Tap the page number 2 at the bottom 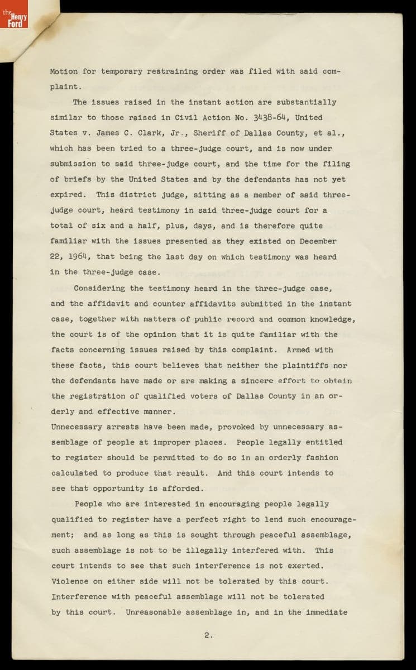click(208, 634)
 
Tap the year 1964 click(79, 257)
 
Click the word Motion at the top click(63, 71)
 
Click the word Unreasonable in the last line click(153, 612)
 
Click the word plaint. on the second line click(66, 87)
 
